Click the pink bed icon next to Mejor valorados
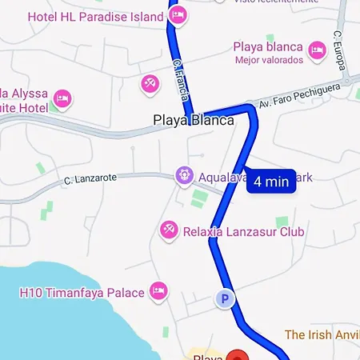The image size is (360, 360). (x=317, y=51)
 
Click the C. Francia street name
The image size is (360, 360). (x=182, y=79)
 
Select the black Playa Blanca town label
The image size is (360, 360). (x=193, y=120)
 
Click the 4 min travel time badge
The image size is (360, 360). (x=270, y=182)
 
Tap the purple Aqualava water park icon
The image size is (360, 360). (x=185, y=175)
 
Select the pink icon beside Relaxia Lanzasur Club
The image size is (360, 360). (x=168, y=231)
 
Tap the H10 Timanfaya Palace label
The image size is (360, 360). (x=82, y=293)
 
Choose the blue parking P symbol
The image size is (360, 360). (x=226, y=300)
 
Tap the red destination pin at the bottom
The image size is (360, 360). (x=236, y=356)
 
